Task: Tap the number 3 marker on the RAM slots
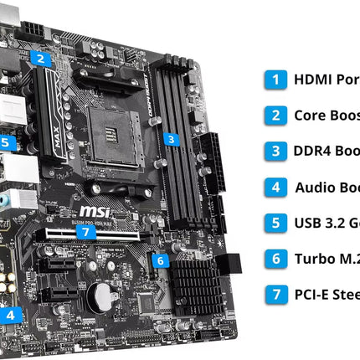click(x=171, y=139)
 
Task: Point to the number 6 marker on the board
click(x=160, y=260)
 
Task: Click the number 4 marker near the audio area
click(x=11, y=315)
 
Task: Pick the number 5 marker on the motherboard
click(x=5, y=142)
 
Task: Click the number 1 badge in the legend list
click(x=274, y=80)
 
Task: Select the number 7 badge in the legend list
click(x=274, y=295)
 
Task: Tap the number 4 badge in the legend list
click(x=274, y=188)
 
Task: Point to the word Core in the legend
click(x=311, y=116)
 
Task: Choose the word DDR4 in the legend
click(x=314, y=152)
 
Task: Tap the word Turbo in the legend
click(x=315, y=259)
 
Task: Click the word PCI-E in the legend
click(x=314, y=295)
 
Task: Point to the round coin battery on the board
click(x=103, y=294)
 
